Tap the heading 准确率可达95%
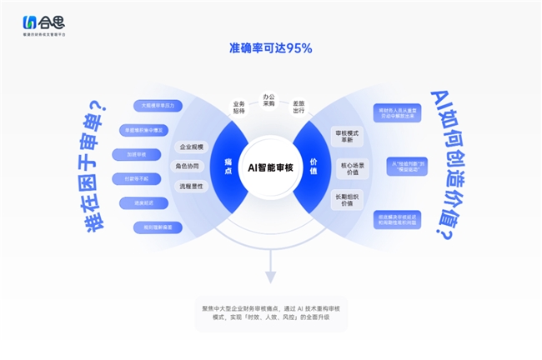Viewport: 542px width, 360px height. pos(270,48)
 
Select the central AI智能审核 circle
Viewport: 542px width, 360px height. pos(271,167)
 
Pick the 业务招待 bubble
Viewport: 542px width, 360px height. pos(240,107)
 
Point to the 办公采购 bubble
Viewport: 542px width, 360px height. pos(268,100)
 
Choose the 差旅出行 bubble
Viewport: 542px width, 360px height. pos(299,107)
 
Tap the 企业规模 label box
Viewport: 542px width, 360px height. pos(191,147)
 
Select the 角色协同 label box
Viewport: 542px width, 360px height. pos(188,166)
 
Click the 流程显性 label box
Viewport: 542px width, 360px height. pos(191,186)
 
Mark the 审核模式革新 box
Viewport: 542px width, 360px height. pos(347,137)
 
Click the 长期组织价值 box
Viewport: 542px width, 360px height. pos(347,200)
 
